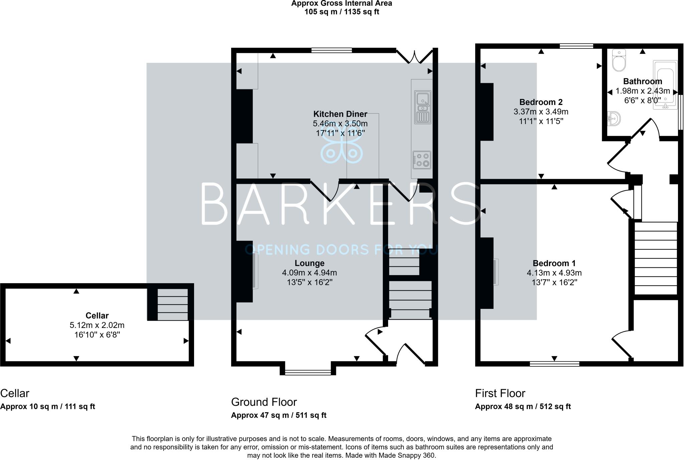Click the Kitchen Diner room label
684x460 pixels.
point(340,114)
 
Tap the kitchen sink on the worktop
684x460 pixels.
point(423,107)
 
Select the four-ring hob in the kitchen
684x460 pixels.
point(422,160)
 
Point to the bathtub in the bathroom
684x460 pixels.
point(665,85)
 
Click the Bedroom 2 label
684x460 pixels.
point(541,102)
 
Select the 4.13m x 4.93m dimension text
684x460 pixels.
point(554,273)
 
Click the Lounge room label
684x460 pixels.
point(309,263)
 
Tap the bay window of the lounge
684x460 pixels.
point(308,372)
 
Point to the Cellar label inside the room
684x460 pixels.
point(97,315)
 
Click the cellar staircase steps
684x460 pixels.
point(173,304)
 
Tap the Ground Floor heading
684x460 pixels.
point(264,402)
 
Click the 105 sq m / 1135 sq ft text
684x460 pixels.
point(342,12)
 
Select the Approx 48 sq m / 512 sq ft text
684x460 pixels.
point(523,407)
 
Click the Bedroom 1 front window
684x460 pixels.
point(554,364)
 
